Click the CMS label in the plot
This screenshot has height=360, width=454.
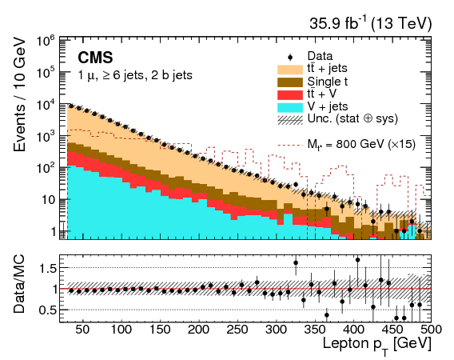pyautogui.click(x=95, y=58)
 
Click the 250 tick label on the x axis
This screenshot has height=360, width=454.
pyautogui.click(x=237, y=329)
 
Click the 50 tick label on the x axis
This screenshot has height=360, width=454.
pyautogui.click(x=82, y=329)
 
